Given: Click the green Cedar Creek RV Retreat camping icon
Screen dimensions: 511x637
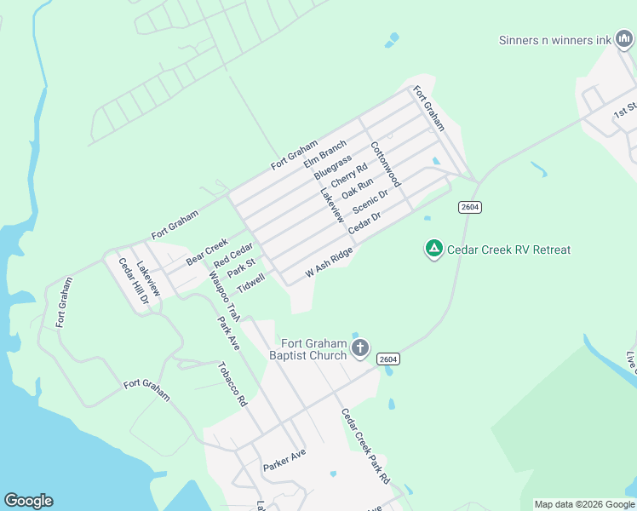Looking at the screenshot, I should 433,249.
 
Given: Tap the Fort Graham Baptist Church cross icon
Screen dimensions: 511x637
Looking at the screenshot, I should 360,347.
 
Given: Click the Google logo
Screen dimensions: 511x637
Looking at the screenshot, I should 28,501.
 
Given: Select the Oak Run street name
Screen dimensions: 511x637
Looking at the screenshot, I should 358,190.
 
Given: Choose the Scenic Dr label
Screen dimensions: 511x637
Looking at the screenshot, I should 370,203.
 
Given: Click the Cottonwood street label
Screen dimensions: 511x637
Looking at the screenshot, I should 385,164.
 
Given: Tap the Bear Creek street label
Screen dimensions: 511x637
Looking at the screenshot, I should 207,251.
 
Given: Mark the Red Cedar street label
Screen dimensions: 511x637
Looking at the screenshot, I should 234,253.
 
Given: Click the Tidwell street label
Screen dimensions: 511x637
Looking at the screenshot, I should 251,283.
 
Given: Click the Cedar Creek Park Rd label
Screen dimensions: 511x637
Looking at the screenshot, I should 365,446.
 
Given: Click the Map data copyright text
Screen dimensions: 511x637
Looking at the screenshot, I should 584,504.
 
